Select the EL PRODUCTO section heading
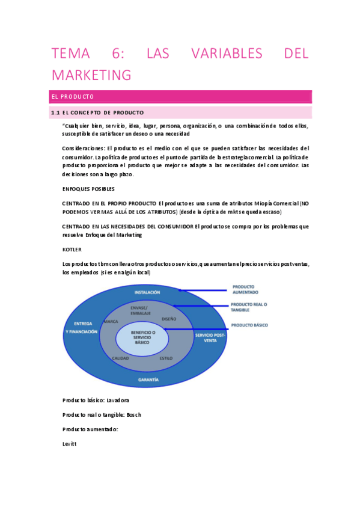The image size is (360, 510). pos(73,97)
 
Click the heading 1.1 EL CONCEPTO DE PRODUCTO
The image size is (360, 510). pos(97,112)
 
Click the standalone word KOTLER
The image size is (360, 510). pos(72,248)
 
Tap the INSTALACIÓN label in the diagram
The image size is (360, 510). pos(147,292)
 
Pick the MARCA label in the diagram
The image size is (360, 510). pos(111,322)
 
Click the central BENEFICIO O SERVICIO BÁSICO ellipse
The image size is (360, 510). pos(143,337)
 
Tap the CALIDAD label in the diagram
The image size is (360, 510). pos(120,358)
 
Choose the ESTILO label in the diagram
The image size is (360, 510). pos(166,358)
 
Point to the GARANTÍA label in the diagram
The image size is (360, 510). pos(148,379)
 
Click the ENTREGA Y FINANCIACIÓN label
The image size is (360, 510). pos(81,327)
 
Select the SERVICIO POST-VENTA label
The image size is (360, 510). pos(210,337)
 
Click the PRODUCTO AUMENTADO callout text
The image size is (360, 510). pos(245,289)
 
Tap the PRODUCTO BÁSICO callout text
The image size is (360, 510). pos(249,325)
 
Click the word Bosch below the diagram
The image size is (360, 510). pos(134,414)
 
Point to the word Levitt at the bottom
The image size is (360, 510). pos(69,444)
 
